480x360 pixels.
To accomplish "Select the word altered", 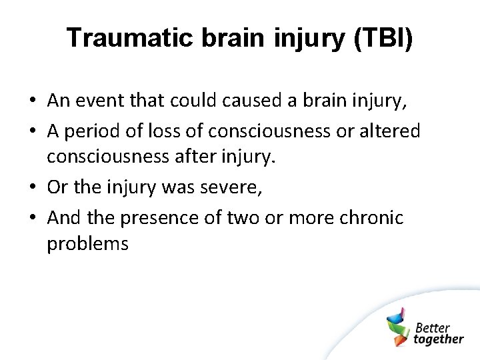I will coord(389,131).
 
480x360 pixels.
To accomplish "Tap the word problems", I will coord(87,244).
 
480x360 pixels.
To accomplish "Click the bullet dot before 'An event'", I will coord(32,101).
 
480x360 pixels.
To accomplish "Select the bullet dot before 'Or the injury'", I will coord(32,188).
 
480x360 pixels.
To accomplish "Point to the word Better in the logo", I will coord(433,327).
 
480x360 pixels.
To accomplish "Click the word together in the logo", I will coord(438,339).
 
